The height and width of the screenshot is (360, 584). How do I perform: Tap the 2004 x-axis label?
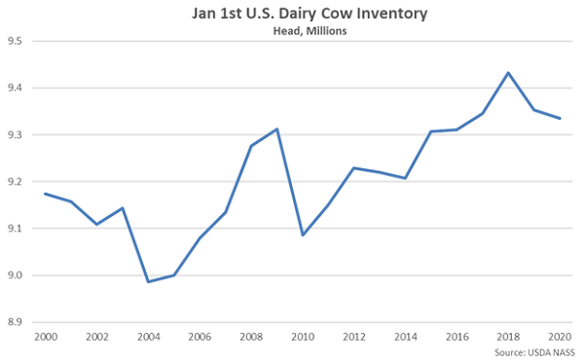pos(148,337)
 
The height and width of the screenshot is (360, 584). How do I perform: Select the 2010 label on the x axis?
pos(303,337)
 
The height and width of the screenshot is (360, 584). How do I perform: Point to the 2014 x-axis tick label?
pos(406,337)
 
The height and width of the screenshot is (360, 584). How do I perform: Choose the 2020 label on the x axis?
pos(559,337)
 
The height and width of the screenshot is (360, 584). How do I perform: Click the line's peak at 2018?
pos(508,72)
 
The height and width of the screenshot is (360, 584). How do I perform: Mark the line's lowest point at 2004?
pos(148,282)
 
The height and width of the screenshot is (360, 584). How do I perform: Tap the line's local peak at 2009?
pos(277,128)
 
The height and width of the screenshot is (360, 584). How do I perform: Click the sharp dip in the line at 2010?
pos(303,235)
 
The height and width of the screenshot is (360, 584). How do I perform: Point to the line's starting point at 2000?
pos(46,194)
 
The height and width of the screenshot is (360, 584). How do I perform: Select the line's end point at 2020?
pos(559,119)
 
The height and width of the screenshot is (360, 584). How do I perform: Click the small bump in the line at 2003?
pos(123,207)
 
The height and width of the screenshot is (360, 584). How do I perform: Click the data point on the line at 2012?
pos(354,168)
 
